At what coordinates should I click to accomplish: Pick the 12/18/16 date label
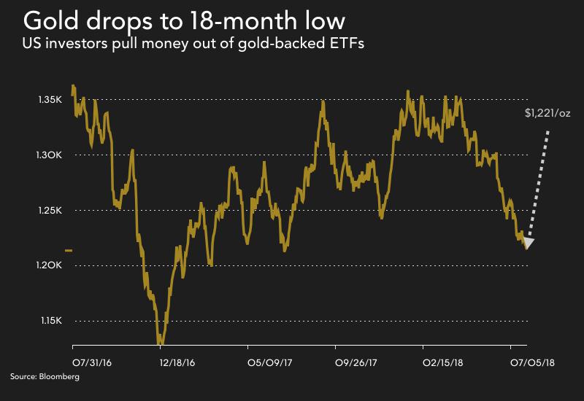click(x=177, y=361)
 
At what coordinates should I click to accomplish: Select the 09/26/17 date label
click(x=356, y=361)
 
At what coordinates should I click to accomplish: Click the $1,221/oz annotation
click(x=546, y=114)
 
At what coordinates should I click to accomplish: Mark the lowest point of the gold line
click(x=161, y=343)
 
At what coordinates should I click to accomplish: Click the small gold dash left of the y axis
click(x=69, y=250)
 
